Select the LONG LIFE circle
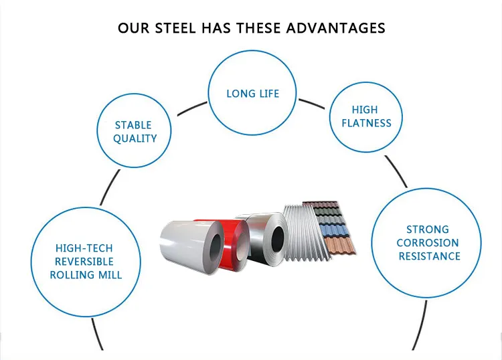[252, 93]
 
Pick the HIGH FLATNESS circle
[365, 116]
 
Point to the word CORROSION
[428, 243]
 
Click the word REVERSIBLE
[84, 261]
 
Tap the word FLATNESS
[366, 122]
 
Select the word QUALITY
[135, 139]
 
